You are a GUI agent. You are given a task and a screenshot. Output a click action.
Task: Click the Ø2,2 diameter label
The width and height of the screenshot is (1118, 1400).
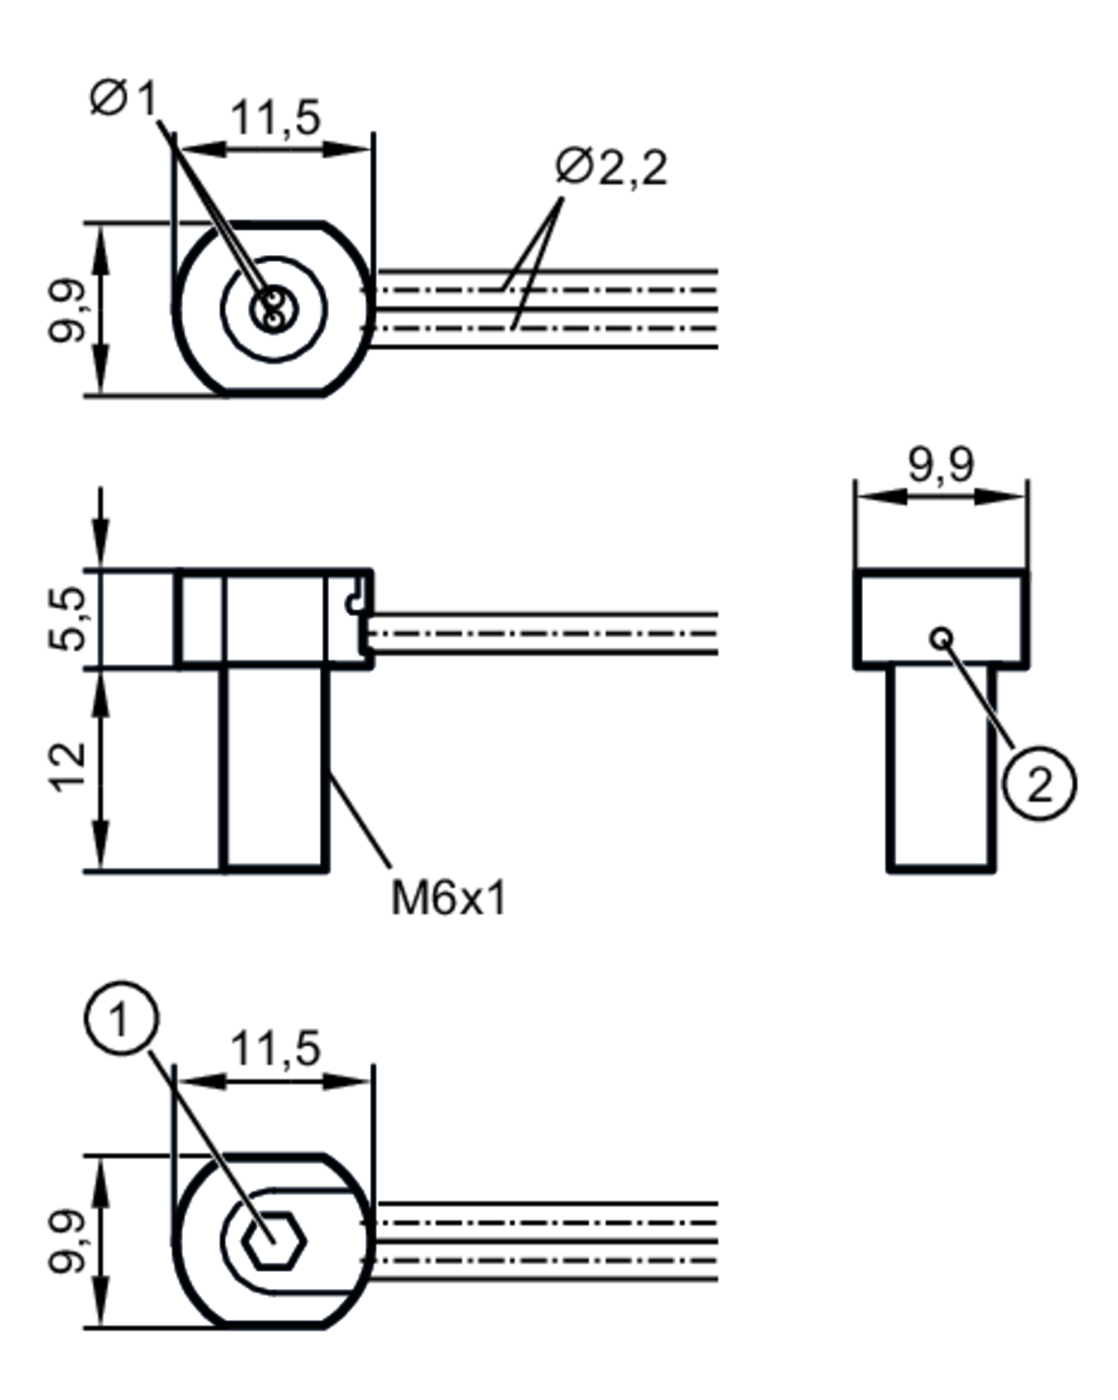tap(610, 167)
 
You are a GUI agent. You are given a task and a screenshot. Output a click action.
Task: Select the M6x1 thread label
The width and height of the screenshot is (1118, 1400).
tap(448, 899)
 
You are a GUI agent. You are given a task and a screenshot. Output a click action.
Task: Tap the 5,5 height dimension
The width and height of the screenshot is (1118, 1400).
tap(68, 618)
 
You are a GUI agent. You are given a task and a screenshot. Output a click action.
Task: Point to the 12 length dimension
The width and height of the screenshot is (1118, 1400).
tap(68, 767)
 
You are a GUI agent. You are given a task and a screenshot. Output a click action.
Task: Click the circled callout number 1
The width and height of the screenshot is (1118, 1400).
tap(121, 1018)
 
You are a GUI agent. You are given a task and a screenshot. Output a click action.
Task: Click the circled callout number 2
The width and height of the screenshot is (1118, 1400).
tap(1039, 784)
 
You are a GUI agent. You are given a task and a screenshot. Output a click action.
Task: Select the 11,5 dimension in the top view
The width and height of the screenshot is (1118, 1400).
tap(276, 118)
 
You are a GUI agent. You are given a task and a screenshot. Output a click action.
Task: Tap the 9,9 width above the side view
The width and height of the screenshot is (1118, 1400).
tap(941, 465)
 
